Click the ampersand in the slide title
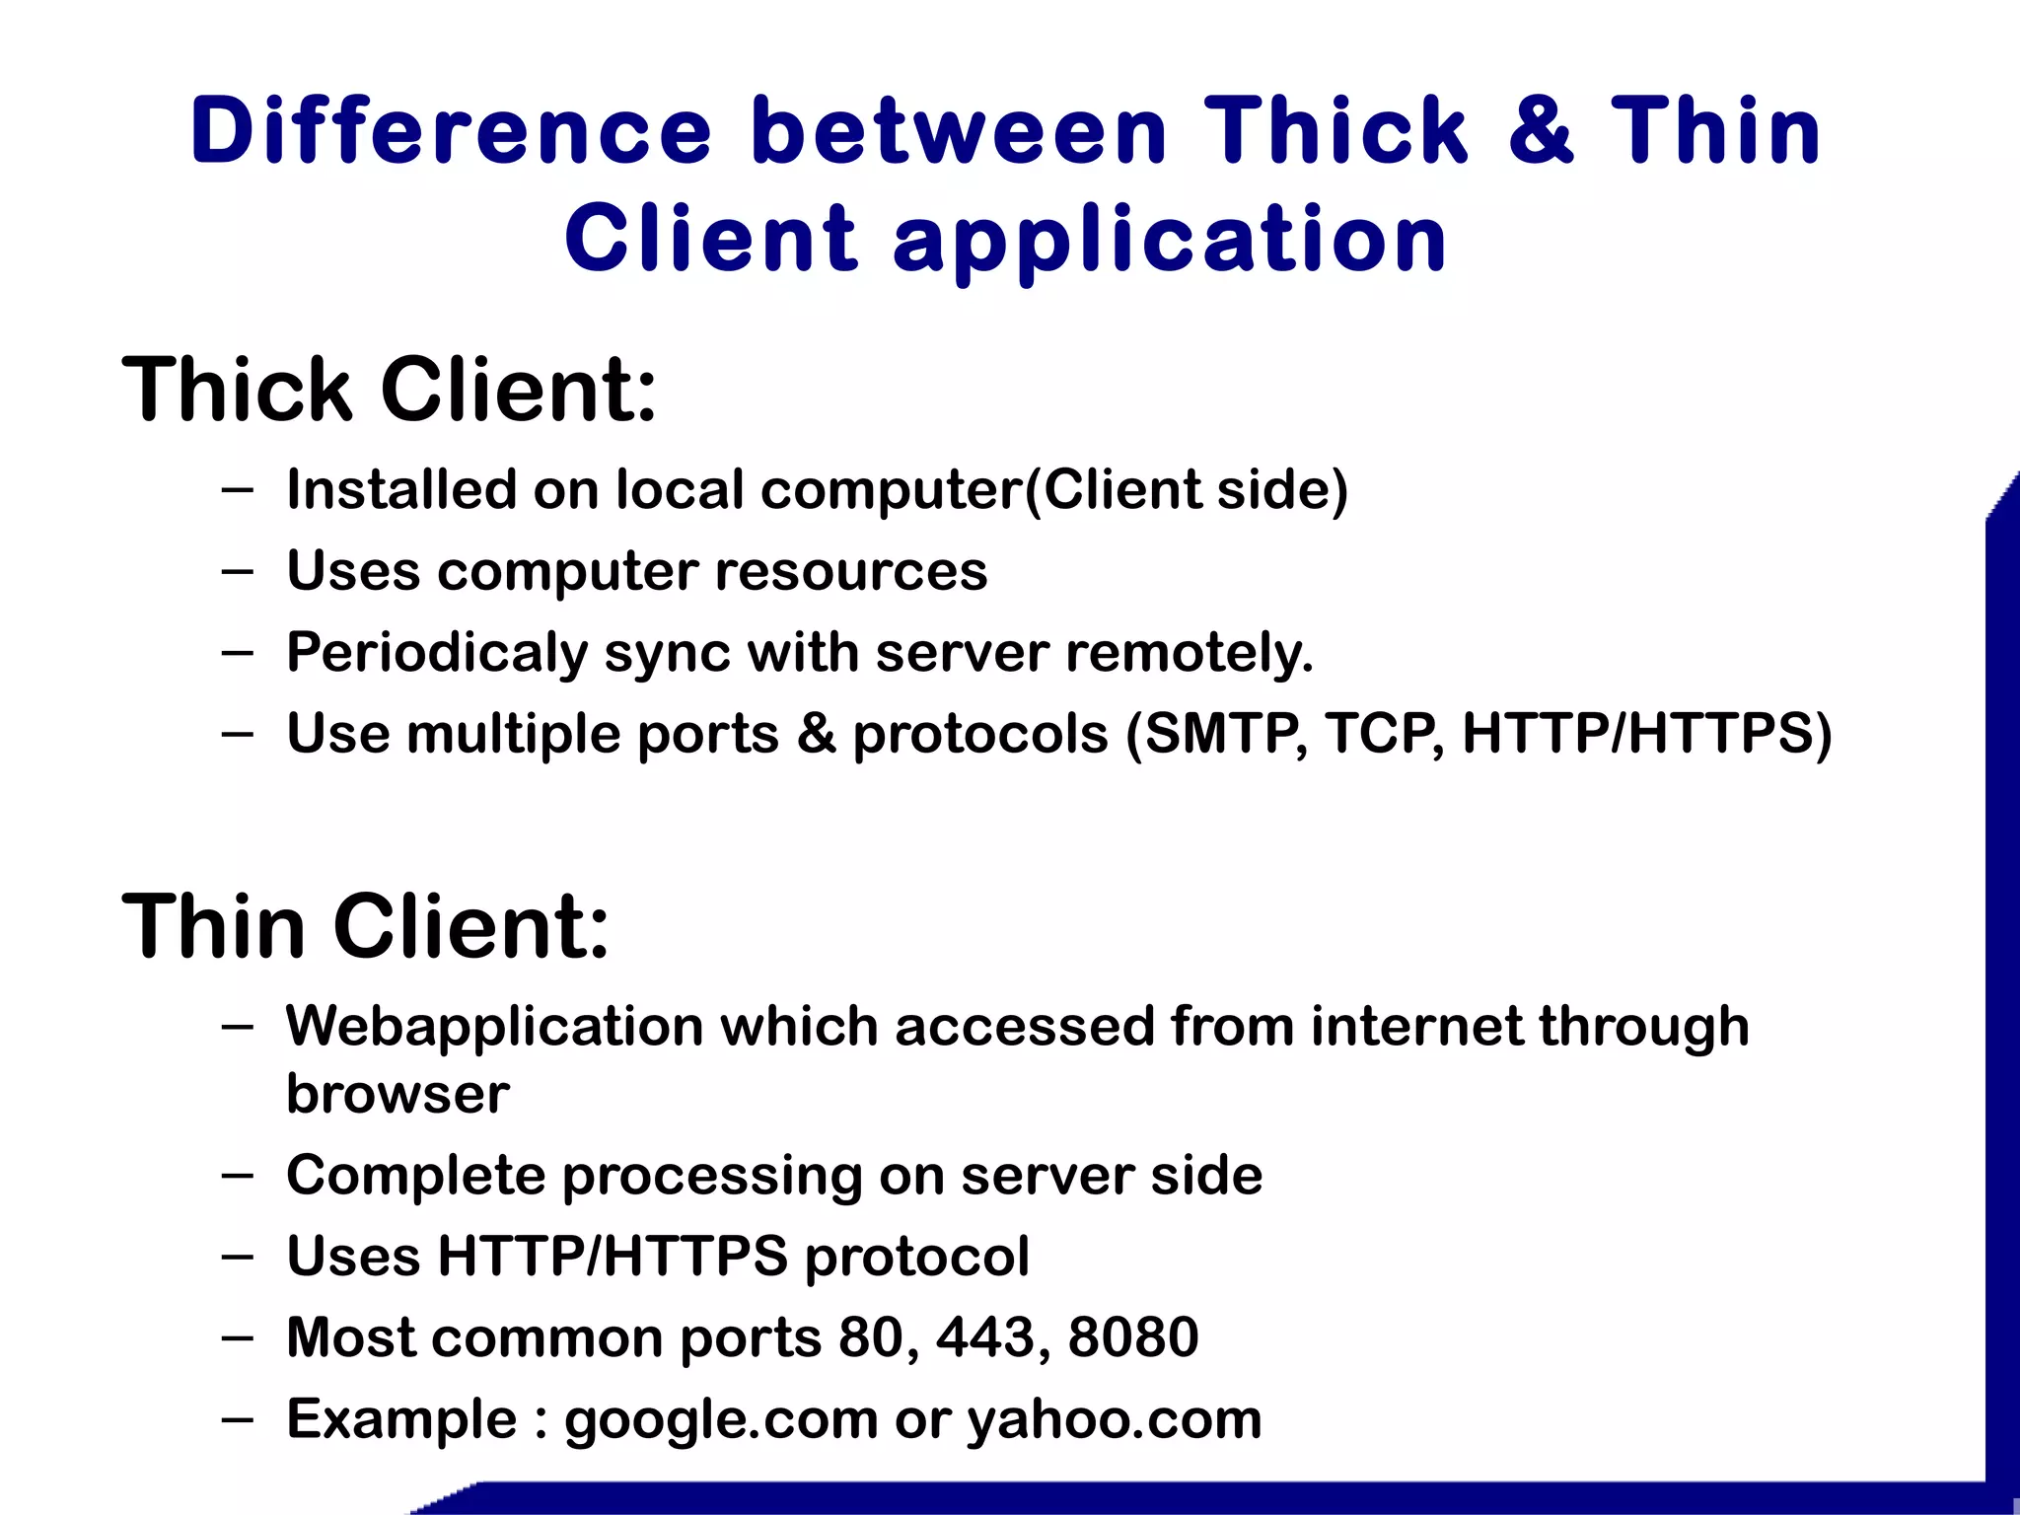coord(1541,131)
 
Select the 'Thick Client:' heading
coord(389,390)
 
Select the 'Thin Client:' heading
coord(366,926)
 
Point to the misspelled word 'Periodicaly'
coord(437,653)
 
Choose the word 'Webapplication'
coord(492,1027)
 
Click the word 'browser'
coord(397,1094)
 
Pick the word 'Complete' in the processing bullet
coord(415,1176)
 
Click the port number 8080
coord(1133,1337)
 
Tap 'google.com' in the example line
coord(721,1420)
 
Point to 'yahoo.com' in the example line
coord(1114,1420)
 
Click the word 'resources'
coord(850,571)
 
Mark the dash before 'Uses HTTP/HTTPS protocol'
coord(238,1257)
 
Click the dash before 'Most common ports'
coord(238,1338)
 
